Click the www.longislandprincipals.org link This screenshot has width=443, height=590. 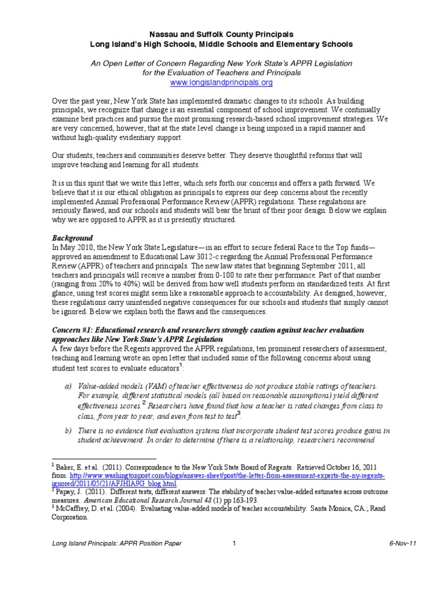tap(221, 82)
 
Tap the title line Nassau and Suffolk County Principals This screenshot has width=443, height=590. tap(221, 34)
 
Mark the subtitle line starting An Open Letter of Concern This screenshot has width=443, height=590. tap(221, 62)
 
